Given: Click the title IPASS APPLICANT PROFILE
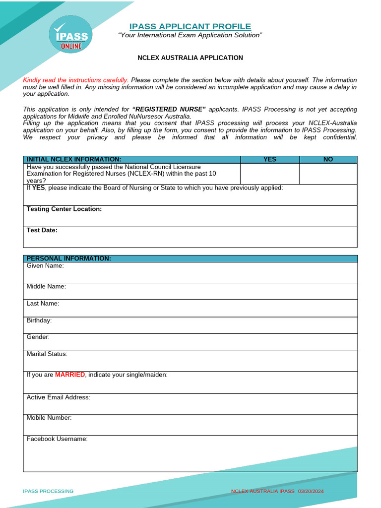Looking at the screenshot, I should (190, 26).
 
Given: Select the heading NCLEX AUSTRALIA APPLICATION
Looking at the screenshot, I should (190, 58).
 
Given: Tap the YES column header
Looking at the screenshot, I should (270, 159).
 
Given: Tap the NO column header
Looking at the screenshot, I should (328, 159).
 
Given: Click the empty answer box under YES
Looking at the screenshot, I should (270, 174).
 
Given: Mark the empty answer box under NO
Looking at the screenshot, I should (328, 174).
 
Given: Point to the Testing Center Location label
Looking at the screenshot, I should (64, 209).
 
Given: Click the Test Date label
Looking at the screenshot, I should (42, 230).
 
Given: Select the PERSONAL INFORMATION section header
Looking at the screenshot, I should (68, 258).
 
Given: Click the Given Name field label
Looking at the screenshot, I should (45, 266).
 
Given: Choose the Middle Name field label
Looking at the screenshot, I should (46, 286).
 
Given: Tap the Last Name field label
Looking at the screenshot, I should (43, 303).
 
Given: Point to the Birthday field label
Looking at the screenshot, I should (39, 320).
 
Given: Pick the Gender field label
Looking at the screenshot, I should (38, 337).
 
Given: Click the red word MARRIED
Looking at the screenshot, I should (70, 375).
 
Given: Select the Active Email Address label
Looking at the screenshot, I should (59, 397).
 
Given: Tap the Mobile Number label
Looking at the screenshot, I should (49, 418).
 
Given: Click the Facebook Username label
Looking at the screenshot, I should (57, 439).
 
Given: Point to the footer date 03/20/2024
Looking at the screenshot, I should (311, 491).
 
